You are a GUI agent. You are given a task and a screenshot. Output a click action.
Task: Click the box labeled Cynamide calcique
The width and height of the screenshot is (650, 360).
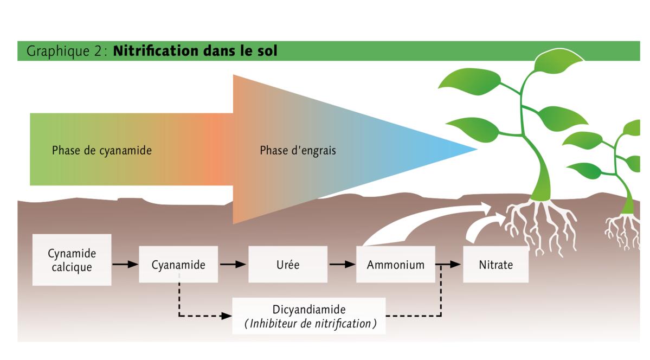coord(72,260)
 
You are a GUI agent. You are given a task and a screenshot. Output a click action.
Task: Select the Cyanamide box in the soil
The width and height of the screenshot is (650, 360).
coord(178,265)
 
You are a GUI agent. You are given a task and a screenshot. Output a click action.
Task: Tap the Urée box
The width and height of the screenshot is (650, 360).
coord(287,265)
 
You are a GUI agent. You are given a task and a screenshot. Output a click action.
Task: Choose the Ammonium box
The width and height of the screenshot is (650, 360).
coord(395,265)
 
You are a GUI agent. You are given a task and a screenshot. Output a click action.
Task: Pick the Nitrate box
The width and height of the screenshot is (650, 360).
coord(495,265)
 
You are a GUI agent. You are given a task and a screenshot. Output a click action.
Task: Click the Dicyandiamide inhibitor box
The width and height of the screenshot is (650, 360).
coord(309,316)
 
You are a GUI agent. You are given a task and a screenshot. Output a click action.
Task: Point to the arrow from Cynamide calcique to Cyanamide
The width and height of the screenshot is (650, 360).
coord(125,265)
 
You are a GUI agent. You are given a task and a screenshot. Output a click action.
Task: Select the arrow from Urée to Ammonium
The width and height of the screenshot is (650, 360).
coord(342,265)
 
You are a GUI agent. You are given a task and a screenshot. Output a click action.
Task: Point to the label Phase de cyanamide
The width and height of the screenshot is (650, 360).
coord(102,151)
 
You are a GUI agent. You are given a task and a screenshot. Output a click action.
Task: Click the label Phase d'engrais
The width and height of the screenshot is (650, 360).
coord(298,151)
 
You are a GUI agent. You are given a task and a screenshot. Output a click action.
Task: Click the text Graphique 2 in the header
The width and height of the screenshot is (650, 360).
coord(66,51)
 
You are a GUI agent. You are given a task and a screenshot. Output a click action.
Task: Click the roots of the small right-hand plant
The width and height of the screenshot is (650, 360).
coord(623,230)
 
